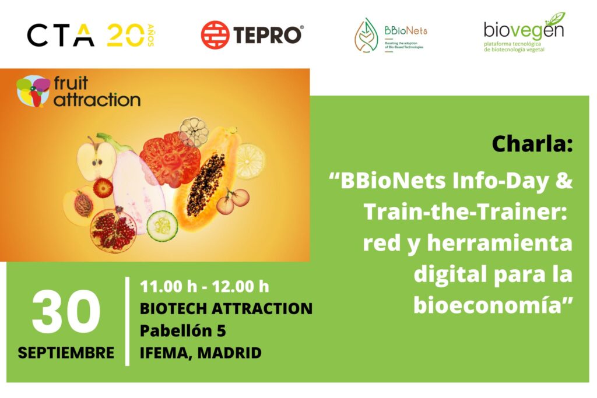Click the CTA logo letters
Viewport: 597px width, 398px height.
tap(61, 36)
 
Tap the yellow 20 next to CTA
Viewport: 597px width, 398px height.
tap(126, 36)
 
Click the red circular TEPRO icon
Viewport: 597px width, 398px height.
tap(215, 35)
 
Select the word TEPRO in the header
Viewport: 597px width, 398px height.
tap(268, 36)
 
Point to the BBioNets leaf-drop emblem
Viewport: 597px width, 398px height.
tap(366, 35)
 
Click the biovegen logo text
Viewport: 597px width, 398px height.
tap(524, 29)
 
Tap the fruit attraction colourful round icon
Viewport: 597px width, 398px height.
tap(33, 90)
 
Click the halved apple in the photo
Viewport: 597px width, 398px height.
tap(97, 159)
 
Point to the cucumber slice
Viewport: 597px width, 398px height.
tap(162, 226)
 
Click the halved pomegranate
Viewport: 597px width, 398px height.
tap(114, 230)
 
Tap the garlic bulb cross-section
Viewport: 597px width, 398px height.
tap(194, 132)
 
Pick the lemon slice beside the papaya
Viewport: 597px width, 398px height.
tap(250, 161)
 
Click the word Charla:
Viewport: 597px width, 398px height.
tap(532, 144)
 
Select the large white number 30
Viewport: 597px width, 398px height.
tap(66, 311)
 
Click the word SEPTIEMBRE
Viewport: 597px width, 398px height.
tap(66, 353)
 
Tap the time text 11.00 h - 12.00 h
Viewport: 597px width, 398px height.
tap(205, 287)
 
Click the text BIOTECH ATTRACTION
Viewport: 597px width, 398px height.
tap(226, 309)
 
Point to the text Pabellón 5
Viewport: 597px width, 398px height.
tap(182, 330)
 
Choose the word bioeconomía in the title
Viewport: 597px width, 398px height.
tap(488, 305)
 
